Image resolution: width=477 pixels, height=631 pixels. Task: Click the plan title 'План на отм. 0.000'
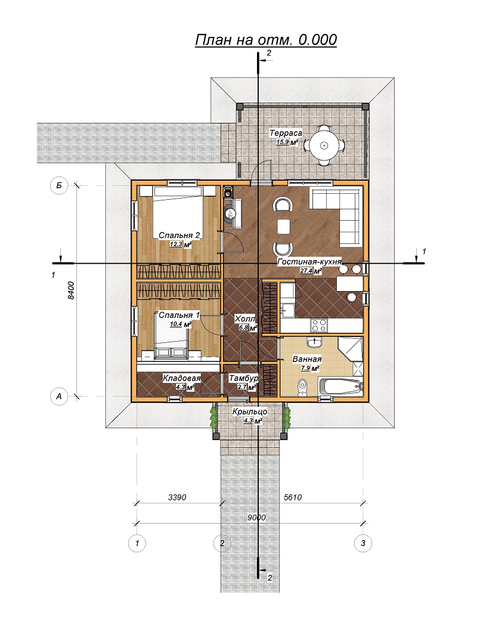(266, 40)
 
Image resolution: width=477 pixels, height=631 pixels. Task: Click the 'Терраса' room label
(286, 133)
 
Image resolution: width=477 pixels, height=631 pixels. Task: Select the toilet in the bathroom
(302, 387)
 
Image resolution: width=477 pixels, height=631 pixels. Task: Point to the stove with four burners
(319, 324)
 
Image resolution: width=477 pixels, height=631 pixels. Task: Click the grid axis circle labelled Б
(58, 185)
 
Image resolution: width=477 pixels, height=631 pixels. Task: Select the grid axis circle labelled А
(58, 396)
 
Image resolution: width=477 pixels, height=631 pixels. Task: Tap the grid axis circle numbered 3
(363, 543)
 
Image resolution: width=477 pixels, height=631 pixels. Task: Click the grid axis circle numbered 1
(137, 543)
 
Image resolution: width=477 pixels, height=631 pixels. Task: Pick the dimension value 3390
(177, 497)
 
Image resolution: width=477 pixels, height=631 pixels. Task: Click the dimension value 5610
(292, 497)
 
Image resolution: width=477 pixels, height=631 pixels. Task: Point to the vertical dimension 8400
(71, 290)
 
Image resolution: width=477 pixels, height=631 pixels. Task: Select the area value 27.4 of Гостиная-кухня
(306, 271)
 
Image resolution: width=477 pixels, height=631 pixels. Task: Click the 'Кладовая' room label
(181, 378)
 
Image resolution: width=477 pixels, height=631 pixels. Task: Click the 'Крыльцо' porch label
(250, 412)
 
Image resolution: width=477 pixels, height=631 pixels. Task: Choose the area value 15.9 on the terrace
(283, 142)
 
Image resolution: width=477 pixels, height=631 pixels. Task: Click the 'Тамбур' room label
(243, 378)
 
